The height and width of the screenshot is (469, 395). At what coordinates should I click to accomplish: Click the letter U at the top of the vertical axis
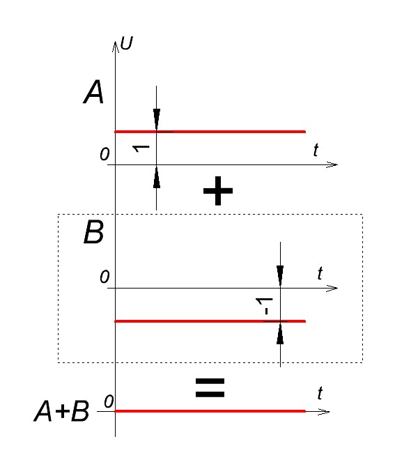(x=127, y=43)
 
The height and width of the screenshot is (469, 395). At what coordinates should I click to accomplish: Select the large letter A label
(x=93, y=92)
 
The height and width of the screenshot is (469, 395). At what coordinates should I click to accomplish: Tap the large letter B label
(x=93, y=232)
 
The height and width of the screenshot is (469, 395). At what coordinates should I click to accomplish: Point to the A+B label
(x=61, y=412)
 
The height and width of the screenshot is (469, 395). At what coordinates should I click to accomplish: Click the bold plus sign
(x=217, y=191)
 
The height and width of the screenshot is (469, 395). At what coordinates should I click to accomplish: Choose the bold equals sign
(x=210, y=388)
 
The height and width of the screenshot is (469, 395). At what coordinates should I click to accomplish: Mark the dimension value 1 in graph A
(x=141, y=148)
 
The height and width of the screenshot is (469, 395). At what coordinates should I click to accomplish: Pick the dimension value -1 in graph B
(x=265, y=306)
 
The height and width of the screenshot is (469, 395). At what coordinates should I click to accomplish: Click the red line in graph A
(x=210, y=132)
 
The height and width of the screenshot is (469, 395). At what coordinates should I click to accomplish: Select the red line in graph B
(x=210, y=321)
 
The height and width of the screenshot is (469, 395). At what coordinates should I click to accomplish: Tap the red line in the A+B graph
(x=210, y=411)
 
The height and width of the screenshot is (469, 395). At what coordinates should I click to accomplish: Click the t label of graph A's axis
(x=316, y=150)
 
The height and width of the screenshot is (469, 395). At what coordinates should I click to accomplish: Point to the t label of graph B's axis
(x=320, y=273)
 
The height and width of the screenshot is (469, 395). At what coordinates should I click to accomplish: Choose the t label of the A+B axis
(x=320, y=393)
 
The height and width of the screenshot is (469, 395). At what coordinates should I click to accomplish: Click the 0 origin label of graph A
(x=104, y=155)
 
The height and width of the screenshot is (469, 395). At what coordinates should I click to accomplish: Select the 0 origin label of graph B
(x=104, y=277)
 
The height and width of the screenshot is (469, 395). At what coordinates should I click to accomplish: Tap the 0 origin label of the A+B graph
(x=109, y=401)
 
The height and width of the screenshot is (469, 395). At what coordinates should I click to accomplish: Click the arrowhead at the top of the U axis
(x=116, y=47)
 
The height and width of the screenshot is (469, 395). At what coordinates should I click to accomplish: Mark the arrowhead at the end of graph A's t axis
(x=332, y=164)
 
